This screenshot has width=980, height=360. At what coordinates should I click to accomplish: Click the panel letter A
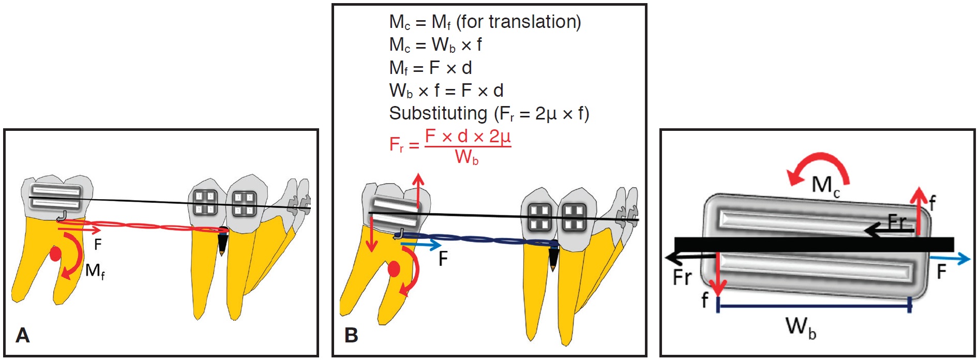23,335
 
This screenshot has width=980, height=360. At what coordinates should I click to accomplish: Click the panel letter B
351,335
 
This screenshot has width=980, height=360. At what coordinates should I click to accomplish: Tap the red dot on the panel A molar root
55,254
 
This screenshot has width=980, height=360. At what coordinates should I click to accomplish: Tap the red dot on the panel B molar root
394,269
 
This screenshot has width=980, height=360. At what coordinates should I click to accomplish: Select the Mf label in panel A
95,271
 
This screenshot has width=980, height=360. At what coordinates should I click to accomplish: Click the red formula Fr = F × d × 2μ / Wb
450,146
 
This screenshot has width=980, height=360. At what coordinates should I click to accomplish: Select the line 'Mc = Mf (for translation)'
485,22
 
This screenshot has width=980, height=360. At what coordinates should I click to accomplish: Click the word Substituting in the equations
438,113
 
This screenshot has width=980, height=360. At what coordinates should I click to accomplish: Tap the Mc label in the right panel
825,185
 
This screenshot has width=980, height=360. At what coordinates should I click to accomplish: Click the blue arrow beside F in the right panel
949,258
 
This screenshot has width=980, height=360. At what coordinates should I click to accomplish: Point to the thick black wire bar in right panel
814,245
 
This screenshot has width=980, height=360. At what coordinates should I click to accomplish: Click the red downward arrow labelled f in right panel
718,274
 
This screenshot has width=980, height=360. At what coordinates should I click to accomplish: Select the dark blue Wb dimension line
814,306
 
